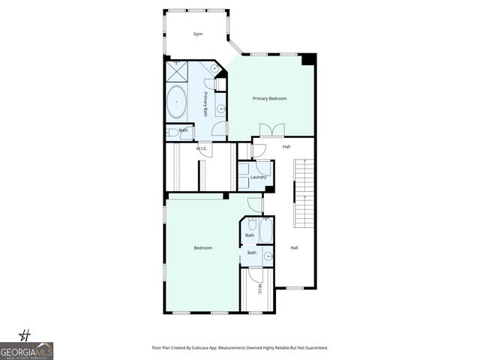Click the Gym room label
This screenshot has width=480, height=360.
point(198,34)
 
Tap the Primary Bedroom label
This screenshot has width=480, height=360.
point(269,98)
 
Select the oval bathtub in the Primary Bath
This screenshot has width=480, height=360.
point(177,102)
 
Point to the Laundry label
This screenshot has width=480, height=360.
point(259,177)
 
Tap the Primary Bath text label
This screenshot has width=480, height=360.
point(205,103)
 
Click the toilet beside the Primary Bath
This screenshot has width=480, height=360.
point(173,132)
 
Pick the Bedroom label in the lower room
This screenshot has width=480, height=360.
point(203,247)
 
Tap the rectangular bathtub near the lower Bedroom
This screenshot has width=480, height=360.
point(267,229)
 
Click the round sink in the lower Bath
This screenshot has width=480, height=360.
point(268,256)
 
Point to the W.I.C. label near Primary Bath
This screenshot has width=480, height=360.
point(202,148)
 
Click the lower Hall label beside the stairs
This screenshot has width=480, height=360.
point(294,247)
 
